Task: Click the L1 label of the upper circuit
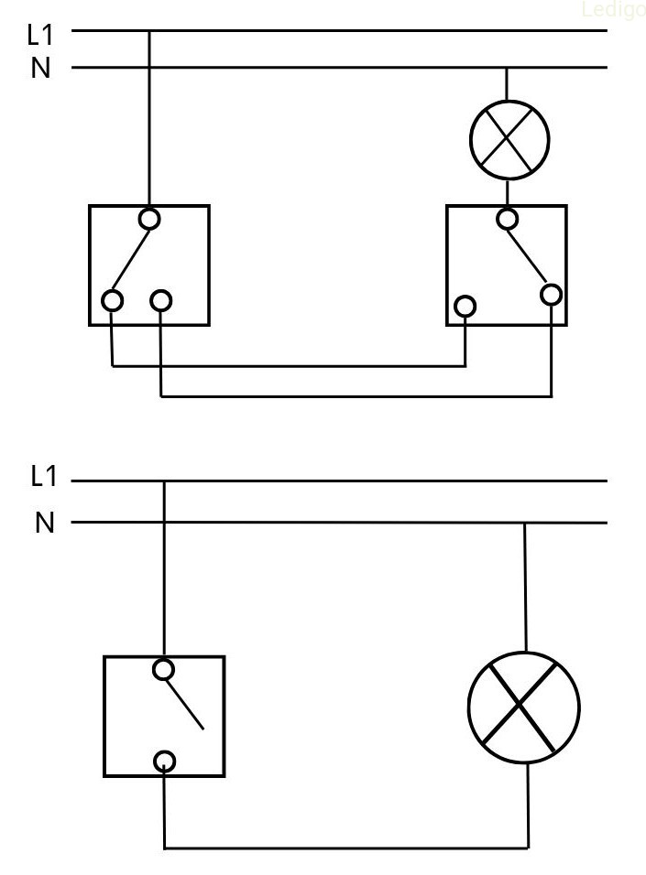pos(41,35)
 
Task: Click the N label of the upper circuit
pos(41,69)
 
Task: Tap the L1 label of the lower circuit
pos(44,476)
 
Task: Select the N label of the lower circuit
pos(45,523)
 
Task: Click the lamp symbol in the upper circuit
pos(509,140)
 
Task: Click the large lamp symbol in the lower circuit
pos(524,708)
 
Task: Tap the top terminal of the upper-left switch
pos(149,219)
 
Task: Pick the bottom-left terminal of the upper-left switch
pos(112,299)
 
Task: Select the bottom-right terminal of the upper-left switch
pos(161,299)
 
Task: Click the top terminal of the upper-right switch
pos(507,219)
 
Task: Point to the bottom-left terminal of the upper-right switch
pos(465,305)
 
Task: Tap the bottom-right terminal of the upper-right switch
pos(551,294)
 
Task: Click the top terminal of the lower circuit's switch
pos(164,669)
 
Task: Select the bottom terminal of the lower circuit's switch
pos(164,760)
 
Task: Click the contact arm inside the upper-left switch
pos(130,260)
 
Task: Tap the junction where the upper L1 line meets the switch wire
pos(149,30)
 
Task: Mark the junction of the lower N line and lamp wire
pos(525,523)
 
